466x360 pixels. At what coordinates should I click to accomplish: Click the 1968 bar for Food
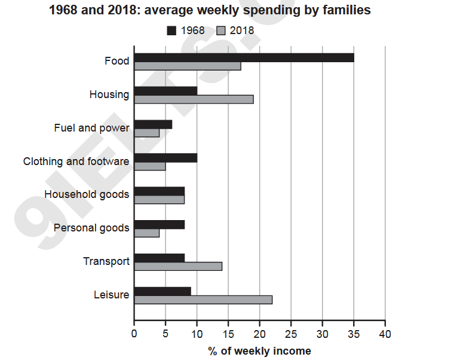click(x=244, y=57)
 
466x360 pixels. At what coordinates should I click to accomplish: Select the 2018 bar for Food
click(x=188, y=66)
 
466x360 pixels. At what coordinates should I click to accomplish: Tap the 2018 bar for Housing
click(x=194, y=99)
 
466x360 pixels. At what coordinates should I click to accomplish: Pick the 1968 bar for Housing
click(x=165, y=91)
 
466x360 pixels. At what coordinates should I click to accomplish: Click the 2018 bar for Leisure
click(x=203, y=300)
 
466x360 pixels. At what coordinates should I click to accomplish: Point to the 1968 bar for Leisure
click(x=163, y=291)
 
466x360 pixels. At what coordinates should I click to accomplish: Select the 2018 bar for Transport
click(x=178, y=266)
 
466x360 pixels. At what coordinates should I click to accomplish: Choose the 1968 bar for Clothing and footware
click(x=165, y=158)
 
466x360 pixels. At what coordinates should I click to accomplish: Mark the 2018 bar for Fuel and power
click(x=147, y=133)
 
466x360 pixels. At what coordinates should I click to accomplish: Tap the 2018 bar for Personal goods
click(x=147, y=233)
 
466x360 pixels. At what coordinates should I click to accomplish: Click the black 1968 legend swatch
click(x=172, y=30)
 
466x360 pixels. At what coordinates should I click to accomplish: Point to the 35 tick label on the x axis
click(x=354, y=334)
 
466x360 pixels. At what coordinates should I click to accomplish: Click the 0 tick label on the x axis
click(x=134, y=334)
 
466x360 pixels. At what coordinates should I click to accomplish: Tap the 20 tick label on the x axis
click(x=260, y=334)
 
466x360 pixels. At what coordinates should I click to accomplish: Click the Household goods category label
click(x=87, y=194)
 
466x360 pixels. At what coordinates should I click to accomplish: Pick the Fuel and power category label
click(x=91, y=128)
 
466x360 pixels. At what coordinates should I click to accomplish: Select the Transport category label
click(x=106, y=261)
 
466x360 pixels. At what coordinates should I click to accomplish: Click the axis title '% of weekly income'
click(x=259, y=351)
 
